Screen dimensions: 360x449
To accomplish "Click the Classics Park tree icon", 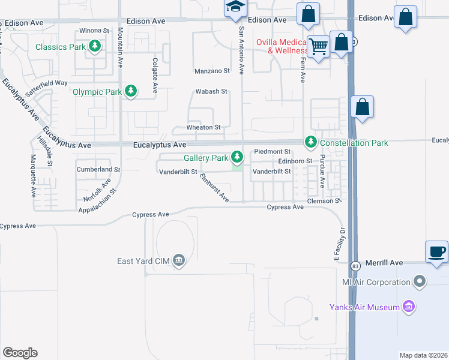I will (94, 46).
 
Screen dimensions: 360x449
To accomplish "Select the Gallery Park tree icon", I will (238, 158).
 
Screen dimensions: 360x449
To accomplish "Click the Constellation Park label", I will (354, 143).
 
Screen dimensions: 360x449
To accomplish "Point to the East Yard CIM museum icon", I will (178, 260).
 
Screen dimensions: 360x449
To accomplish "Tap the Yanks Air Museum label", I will (364, 307).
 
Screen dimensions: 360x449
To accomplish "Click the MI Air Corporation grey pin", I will (420, 281).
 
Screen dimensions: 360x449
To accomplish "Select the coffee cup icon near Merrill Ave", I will (436, 251).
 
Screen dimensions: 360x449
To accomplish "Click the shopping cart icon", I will (318, 46).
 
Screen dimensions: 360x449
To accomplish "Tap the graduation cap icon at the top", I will (235, 8).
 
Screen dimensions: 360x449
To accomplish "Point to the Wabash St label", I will (211, 92).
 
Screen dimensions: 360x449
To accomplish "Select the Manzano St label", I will (212, 71).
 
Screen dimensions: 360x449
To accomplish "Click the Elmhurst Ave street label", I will (214, 187).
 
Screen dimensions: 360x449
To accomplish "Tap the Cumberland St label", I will (98, 170).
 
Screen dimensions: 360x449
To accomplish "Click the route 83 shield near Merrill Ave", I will (355, 265).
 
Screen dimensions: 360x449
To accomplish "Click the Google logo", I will (20, 352).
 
